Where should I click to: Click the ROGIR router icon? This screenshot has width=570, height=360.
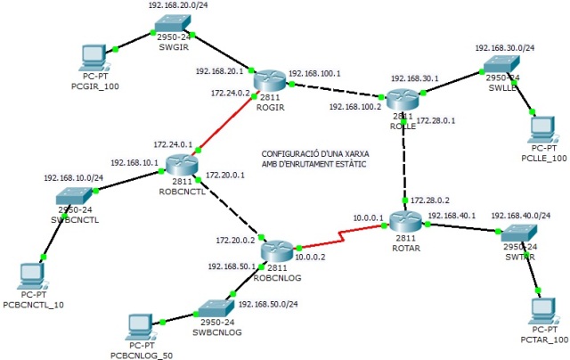[267, 80]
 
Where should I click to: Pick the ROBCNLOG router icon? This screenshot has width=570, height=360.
[276, 250]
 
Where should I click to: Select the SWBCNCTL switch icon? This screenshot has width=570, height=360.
[75, 199]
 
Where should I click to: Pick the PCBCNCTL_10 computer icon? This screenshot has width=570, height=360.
[34, 278]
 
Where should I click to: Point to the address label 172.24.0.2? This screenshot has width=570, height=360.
[231, 92]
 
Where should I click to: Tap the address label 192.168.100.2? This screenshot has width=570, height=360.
[355, 107]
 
